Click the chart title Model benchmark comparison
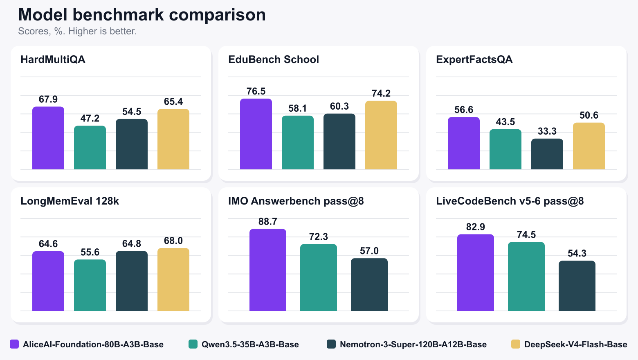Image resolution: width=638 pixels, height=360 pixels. point(142,15)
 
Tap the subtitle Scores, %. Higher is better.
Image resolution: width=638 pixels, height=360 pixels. point(77,31)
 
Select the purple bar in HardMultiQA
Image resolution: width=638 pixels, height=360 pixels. point(48,138)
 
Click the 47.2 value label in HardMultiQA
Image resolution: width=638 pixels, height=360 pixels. point(90,118)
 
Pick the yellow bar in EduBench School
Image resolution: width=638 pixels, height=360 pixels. point(381,135)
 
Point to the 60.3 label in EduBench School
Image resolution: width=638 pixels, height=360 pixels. point(339,106)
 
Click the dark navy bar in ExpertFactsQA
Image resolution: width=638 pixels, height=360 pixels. point(547,154)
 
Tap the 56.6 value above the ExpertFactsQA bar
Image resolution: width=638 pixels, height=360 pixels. point(464,110)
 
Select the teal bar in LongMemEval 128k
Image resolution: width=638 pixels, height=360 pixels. point(90,285)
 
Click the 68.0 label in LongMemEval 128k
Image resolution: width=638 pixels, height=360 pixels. point(173,241)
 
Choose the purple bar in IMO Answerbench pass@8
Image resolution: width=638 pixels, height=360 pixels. point(268,270)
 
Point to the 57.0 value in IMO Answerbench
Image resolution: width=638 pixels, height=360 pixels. point(369,251)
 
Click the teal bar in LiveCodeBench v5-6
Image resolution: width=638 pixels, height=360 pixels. point(526,277)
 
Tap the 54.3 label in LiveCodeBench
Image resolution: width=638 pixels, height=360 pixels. point(577,253)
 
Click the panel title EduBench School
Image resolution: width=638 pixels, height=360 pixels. point(274,60)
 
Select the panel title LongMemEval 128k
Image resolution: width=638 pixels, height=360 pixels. point(70,201)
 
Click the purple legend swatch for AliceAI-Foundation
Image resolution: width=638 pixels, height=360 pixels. point(14,344)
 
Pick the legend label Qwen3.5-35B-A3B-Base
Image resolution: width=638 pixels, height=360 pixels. point(250,344)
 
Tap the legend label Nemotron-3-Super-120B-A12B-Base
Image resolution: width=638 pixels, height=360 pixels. point(413,344)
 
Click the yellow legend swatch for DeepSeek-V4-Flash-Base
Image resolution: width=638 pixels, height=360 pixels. point(516,344)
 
